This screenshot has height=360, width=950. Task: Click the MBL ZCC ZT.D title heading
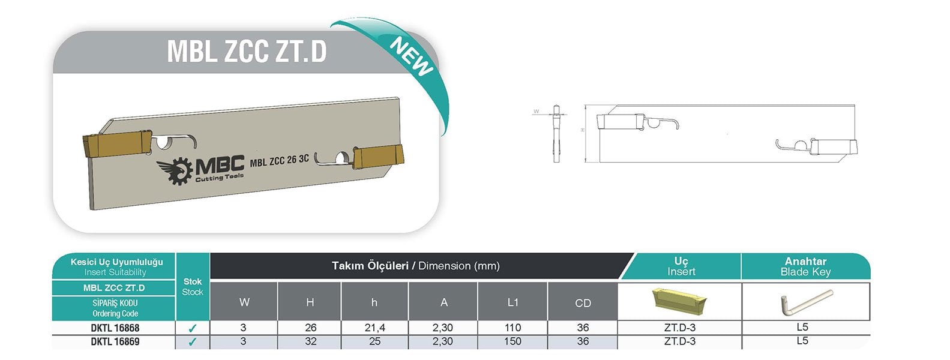point(247,52)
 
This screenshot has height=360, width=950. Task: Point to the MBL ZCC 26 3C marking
point(280,160)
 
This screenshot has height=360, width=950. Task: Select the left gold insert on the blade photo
point(116,144)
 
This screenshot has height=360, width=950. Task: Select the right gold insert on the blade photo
point(378,156)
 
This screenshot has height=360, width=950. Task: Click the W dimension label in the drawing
point(536,112)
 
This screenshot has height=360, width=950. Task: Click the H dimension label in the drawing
point(583,130)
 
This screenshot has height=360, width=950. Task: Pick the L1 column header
point(513,302)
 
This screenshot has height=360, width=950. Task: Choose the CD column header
point(583,303)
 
